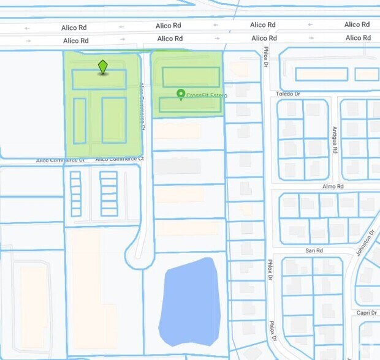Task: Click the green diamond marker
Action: (x=103, y=66)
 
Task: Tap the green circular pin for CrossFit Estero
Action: (x=181, y=94)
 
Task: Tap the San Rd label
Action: (x=314, y=250)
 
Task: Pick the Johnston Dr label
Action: (x=365, y=243)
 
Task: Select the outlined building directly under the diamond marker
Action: (x=99, y=80)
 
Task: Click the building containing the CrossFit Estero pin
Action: (x=190, y=105)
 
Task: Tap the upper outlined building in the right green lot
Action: (x=191, y=77)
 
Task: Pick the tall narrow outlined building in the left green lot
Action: (x=80, y=120)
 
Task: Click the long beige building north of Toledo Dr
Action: (x=322, y=74)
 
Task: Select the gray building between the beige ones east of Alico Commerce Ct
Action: (x=178, y=166)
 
